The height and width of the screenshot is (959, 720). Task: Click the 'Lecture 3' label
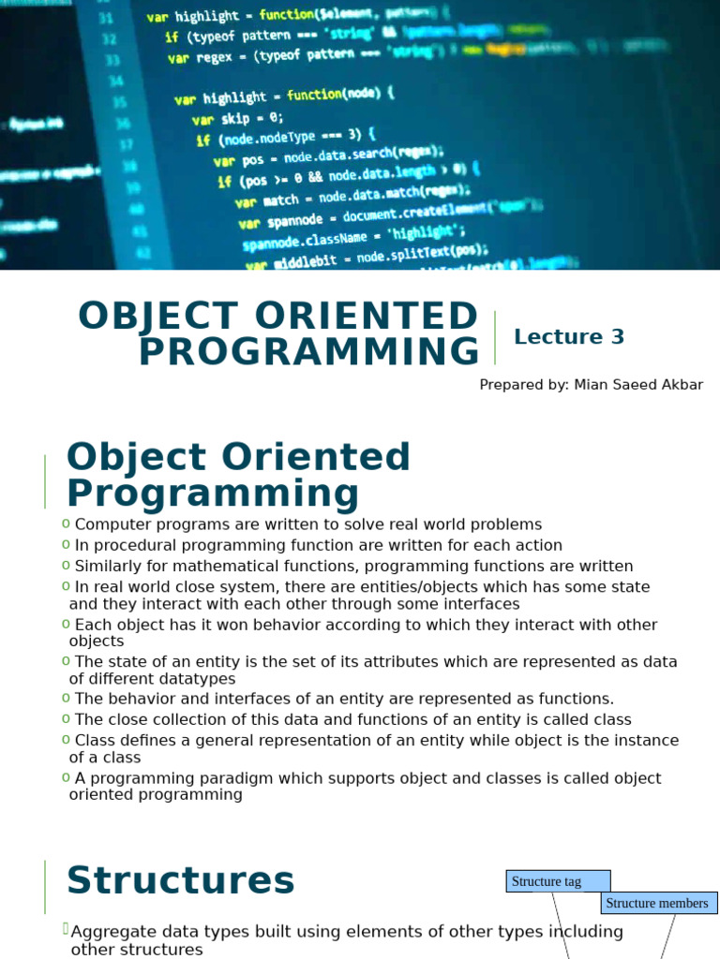coord(569,337)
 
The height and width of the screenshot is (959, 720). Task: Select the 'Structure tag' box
coord(557,881)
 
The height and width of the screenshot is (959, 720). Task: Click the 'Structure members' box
coord(657,903)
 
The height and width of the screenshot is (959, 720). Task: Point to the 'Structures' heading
coord(181,881)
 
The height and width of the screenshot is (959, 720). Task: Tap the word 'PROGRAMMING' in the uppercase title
coord(309,353)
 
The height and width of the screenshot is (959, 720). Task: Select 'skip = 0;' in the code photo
coord(253,118)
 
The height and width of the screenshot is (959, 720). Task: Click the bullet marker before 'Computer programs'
coord(66,524)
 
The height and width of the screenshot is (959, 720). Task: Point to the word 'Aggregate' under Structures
coord(112,932)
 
